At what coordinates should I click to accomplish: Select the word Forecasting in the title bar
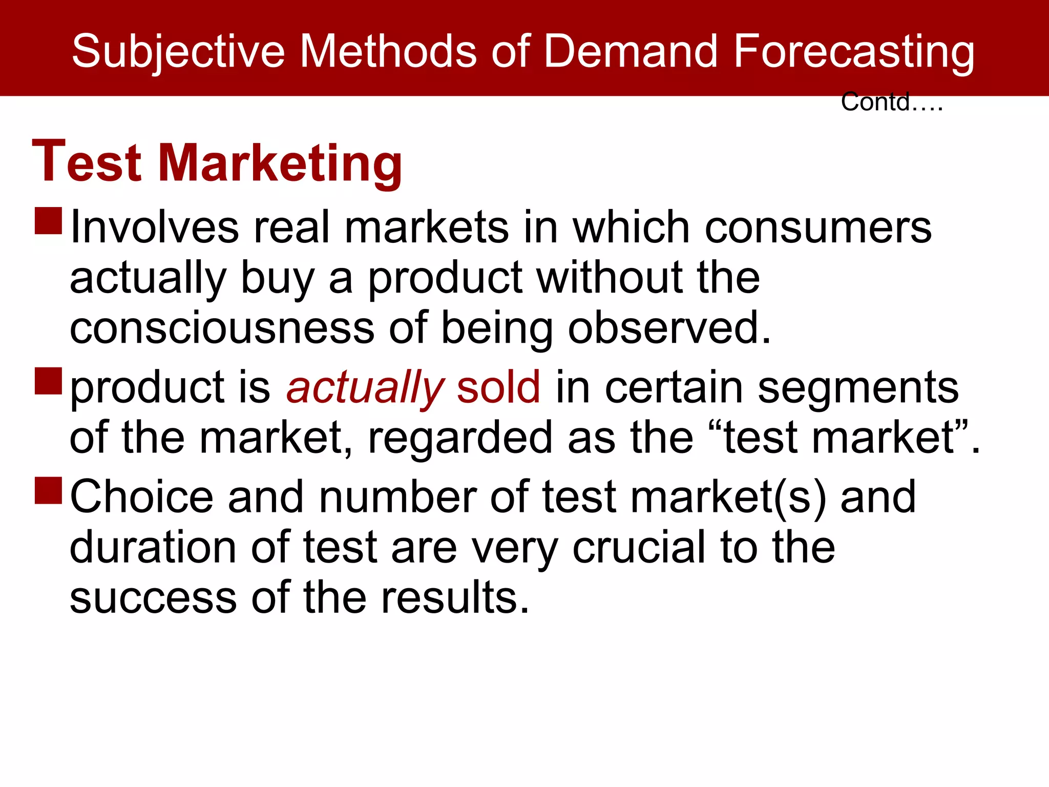pos(854,51)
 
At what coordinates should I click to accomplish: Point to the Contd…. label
pos(891,102)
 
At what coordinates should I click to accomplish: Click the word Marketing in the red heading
pos(280,163)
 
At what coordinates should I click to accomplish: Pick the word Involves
pos(154,227)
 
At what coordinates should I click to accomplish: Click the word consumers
pos(818,227)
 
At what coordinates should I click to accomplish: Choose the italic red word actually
pos(365,387)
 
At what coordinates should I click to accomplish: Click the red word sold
pos(498,387)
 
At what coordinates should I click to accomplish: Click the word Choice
pos(141,496)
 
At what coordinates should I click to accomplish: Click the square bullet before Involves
pos(49,221)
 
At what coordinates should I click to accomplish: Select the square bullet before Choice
pos(49,490)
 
